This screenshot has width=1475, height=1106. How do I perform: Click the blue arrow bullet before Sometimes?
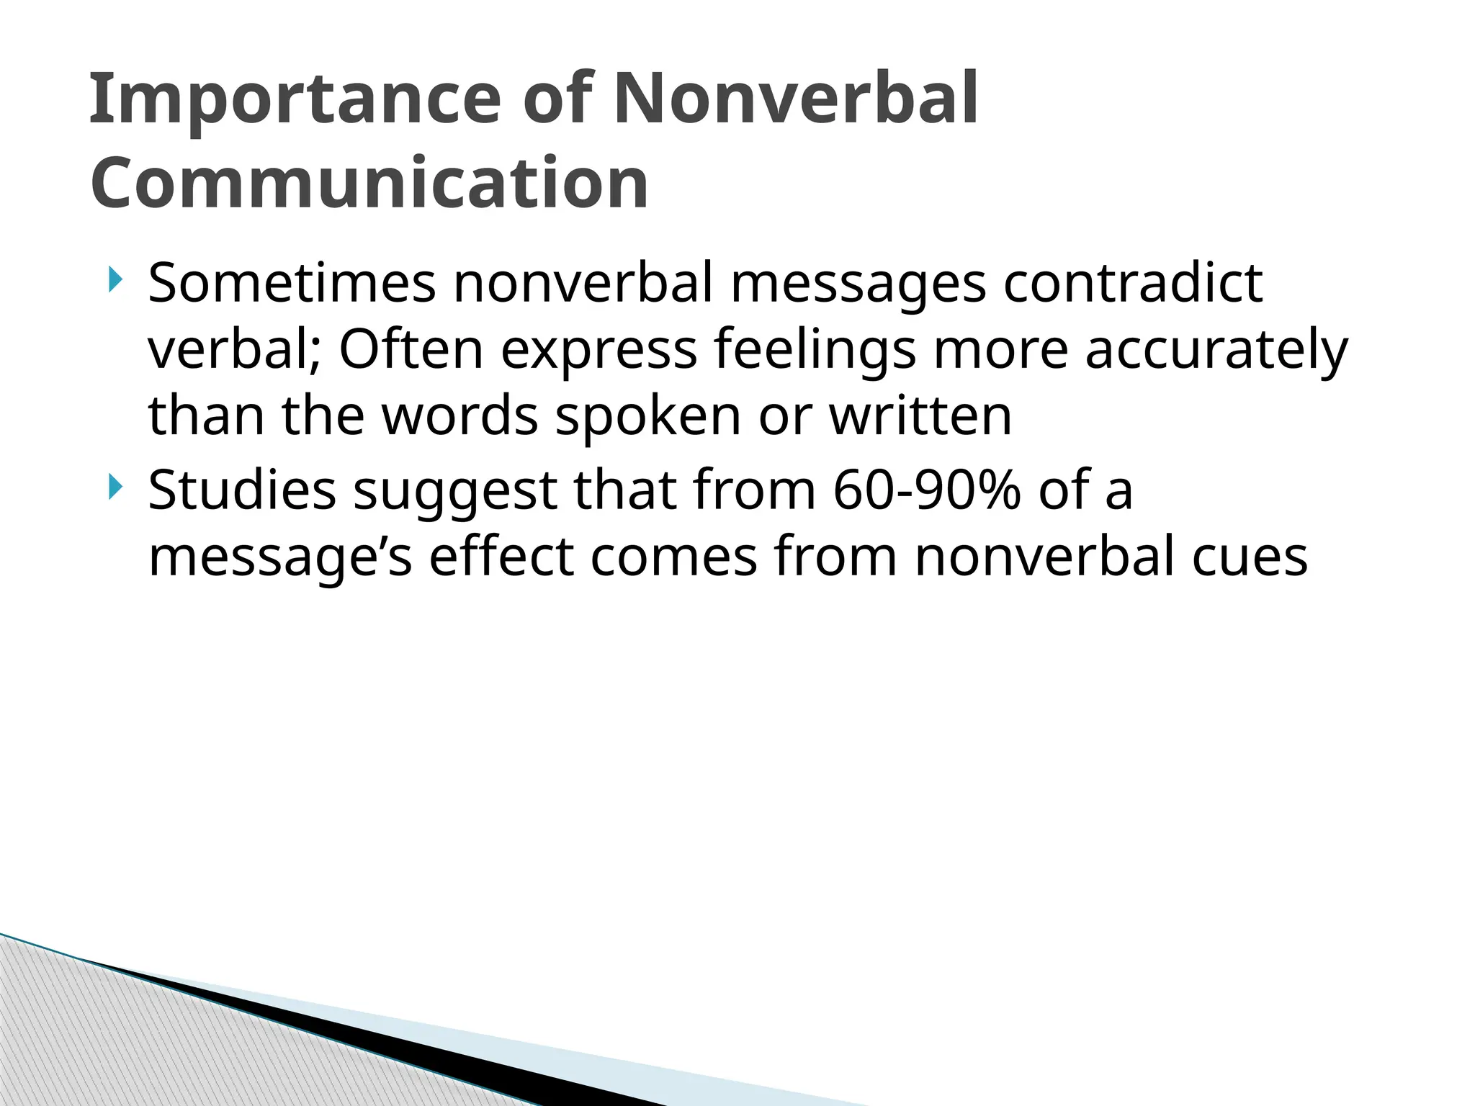[115, 280]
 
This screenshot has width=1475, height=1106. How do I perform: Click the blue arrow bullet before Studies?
[115, 487]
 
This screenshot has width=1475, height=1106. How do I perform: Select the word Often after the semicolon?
[411, 349]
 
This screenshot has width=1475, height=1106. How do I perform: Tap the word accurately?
[1216, 351]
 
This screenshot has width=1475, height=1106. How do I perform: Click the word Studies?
[242, 490]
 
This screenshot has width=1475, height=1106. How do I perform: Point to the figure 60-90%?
[927, 490]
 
